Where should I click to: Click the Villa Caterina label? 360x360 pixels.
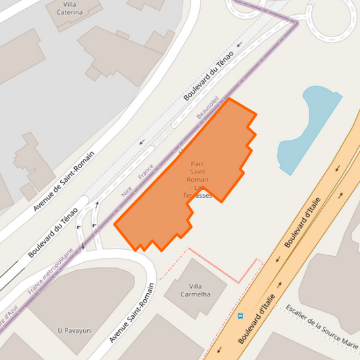click(x=70, y=8)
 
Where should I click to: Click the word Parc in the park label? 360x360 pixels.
click(x=197, y=163)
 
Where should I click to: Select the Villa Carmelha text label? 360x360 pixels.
click(x=196, y=290)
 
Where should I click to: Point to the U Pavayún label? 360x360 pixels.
click(x=74, y=330)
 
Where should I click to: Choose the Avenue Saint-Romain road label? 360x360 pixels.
click(x=132, y=313)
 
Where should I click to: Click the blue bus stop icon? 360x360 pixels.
click(x=240, y=315)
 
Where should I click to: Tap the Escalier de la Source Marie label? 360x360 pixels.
click(x=322, y=327)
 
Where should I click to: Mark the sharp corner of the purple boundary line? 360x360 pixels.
click(x=297, y=22)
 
